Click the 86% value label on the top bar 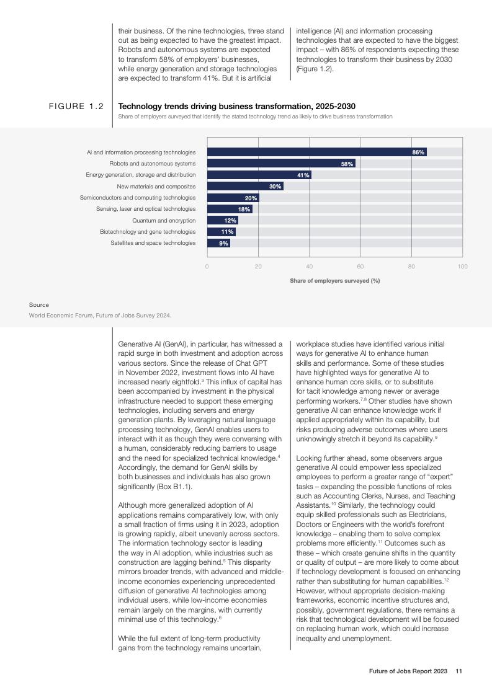(418, 152)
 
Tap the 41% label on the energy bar (303, 175)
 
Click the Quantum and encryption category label (164, 221)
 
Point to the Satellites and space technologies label (153, 243)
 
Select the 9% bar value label (224, 244)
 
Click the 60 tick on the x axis (360, 267)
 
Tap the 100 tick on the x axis (462, 267)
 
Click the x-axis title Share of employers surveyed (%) (334, 281)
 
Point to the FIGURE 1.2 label (76, 107)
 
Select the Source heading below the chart (38, 305)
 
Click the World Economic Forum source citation (100, 316)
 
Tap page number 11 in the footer (459, 671)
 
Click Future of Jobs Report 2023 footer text (408, 671)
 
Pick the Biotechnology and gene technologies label (148, 232)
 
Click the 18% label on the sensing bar (244, 210)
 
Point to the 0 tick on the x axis (207, 267)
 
